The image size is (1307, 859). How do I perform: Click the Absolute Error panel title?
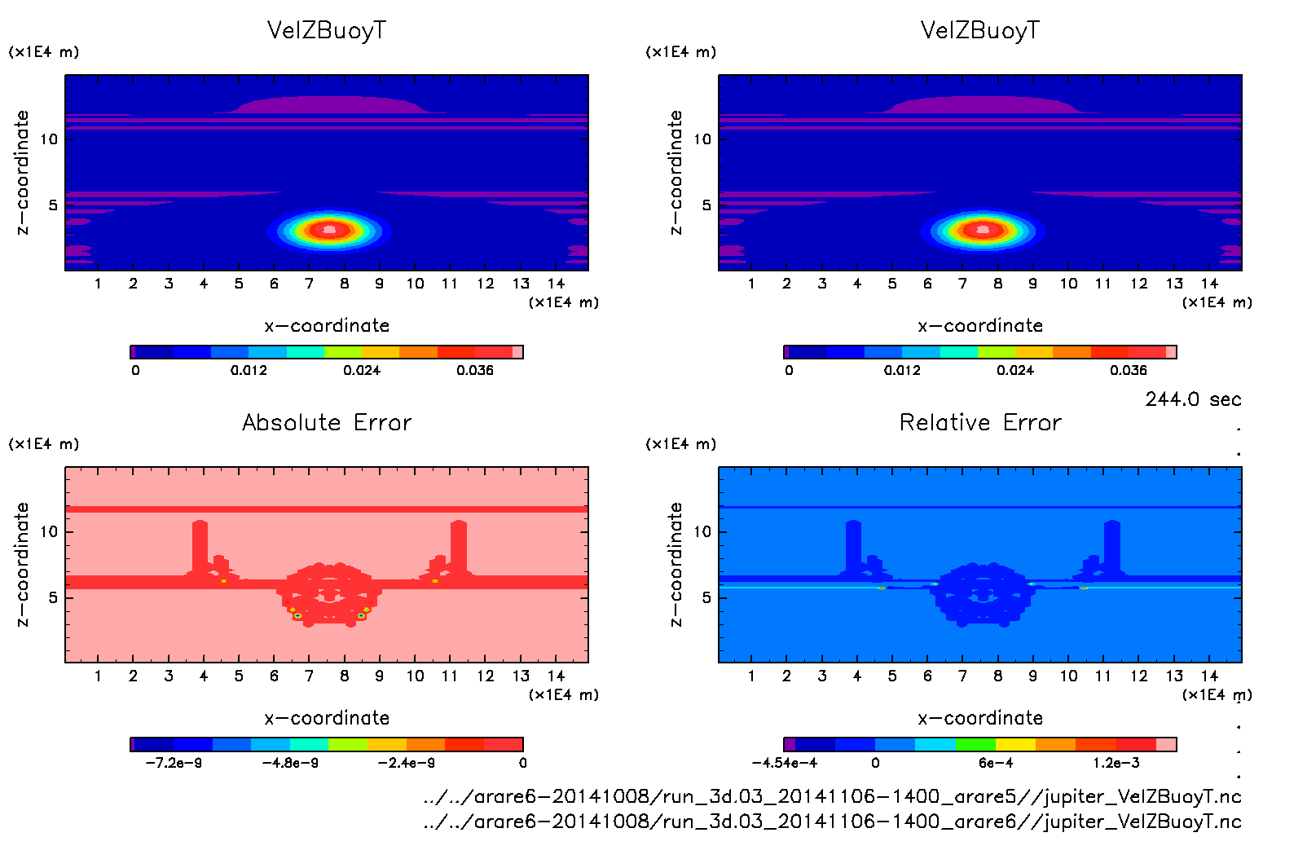point(327,422)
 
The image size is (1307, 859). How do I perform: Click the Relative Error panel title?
point(980,422)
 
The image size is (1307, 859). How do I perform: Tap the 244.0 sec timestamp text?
point(1193,399)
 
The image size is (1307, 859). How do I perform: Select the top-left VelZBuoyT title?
point(327,30)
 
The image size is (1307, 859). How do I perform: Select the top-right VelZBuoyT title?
point(980,30)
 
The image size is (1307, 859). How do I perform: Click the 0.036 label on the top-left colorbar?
point(475,370)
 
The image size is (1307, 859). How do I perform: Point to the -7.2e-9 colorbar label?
point(175,763)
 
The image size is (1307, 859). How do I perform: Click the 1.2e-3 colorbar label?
point(1116,763)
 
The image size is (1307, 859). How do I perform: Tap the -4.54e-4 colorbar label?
point(784,763)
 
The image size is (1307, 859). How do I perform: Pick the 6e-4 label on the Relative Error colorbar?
point(996,763)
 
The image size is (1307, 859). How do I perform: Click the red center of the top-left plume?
point(329,230)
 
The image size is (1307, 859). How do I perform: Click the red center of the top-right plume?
point(983,230)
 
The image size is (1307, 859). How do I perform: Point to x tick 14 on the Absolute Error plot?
point(556,676)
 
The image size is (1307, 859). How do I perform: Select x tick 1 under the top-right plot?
point(751,284)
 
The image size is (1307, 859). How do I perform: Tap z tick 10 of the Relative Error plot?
point(702,531)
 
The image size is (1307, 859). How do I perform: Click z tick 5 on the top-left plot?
point(53,205)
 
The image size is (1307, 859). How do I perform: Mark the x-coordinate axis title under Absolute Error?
point(327,718)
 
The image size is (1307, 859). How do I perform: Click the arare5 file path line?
point(832,796)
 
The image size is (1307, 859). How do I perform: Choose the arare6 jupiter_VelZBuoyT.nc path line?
point(832,821)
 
